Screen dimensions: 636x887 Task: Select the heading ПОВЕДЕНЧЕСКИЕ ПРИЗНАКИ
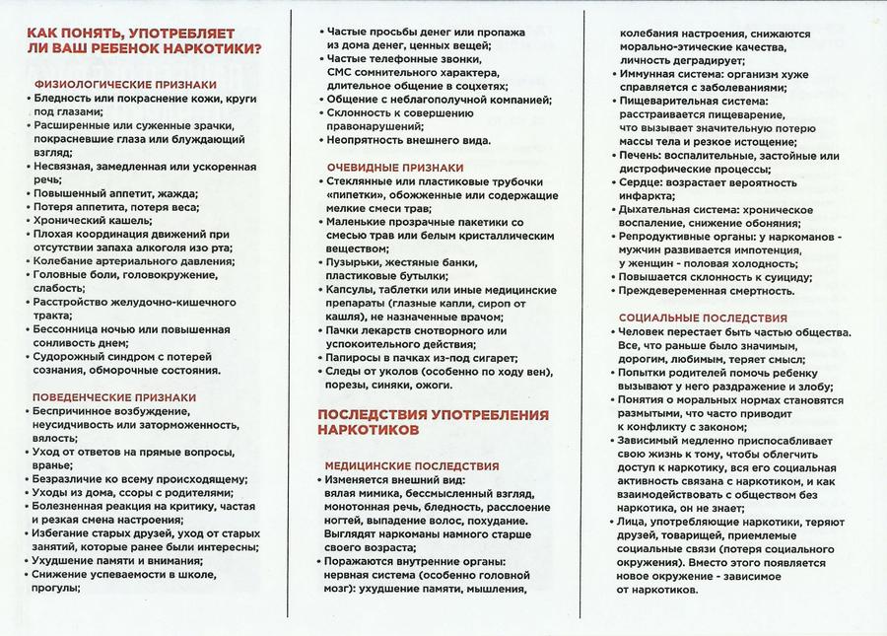[x=115, y=397]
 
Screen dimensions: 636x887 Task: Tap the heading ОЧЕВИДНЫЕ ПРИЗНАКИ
[x=393, y=167]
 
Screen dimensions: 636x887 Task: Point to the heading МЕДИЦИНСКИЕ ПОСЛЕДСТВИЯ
[x=411, y=465]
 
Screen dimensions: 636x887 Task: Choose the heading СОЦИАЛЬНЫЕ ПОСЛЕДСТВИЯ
[x=702, y=318]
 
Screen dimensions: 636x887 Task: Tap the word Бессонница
[x=68, y=329]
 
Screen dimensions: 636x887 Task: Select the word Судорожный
[x=70, y=357]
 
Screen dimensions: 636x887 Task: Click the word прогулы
[x=57, y=589]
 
